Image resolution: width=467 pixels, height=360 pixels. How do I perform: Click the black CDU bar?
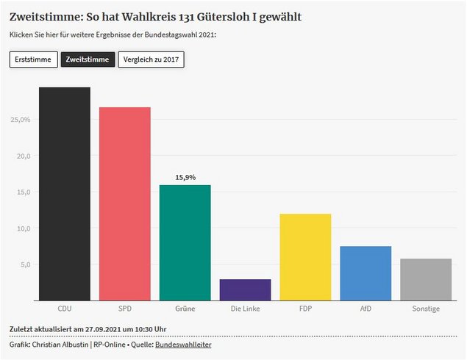point(65,194)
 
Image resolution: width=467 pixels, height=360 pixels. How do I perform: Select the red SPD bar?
point(125,204)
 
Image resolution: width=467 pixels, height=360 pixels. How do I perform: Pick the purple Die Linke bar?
point(246,289)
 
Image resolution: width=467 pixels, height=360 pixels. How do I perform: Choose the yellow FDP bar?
point(306,257)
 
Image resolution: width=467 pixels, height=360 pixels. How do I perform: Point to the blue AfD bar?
point(366,273)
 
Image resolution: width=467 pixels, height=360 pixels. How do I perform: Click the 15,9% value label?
point(185,177)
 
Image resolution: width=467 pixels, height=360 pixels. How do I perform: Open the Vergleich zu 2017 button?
point(151,60)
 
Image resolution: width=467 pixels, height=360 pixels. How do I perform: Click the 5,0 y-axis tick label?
point(24,264)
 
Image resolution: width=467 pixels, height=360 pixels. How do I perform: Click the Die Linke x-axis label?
point(246,309)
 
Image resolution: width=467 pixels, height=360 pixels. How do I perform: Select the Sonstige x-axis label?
point(426,309)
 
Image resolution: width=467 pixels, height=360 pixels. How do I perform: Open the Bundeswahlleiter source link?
point(183,344)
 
